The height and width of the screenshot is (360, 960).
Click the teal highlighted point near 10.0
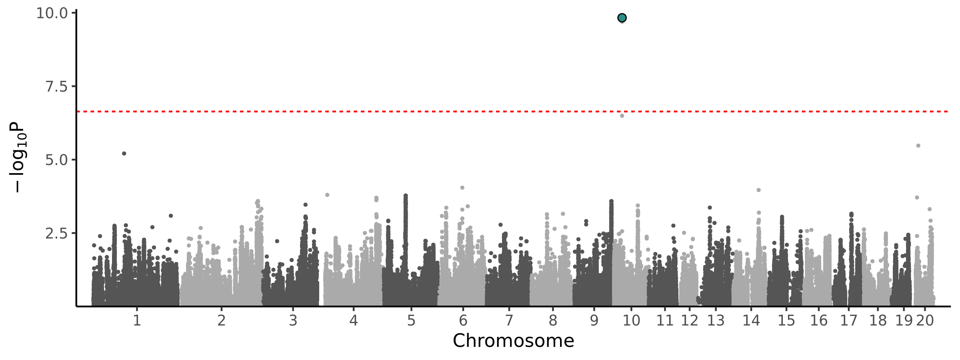(x=622, y=18)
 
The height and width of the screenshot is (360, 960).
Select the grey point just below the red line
(x=622, y=116)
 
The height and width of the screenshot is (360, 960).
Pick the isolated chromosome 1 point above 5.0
(x=124, y=154)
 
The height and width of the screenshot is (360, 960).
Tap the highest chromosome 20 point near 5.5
(x=918, y=146)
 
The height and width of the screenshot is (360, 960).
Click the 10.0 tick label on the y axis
(x=52, y=13)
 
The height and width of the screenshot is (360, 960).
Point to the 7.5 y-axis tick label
(x=56, y=86)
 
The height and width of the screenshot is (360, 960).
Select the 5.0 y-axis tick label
(x=56, y=160)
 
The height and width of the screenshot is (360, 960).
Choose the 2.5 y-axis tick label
(x=56, y=233)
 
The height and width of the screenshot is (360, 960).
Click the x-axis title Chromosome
(x=513, y=341)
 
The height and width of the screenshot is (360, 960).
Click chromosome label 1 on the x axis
(x=137, y=321)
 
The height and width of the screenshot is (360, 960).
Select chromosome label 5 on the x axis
(x=411, y=321)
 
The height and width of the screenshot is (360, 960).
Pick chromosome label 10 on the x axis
(x=631, y=321)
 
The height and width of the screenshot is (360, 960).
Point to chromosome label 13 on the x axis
(x=716, y=321)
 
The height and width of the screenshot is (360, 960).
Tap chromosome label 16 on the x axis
(x=818, y=321)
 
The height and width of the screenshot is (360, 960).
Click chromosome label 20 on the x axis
(x=925, y=321)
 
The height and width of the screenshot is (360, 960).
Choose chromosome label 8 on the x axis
(x=552, y=321)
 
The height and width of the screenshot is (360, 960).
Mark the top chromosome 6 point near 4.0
(x=462, y=188)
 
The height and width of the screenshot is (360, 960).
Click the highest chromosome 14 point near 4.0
(x=758, y=190)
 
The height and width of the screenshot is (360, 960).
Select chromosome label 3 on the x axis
(x=293, y=321)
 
